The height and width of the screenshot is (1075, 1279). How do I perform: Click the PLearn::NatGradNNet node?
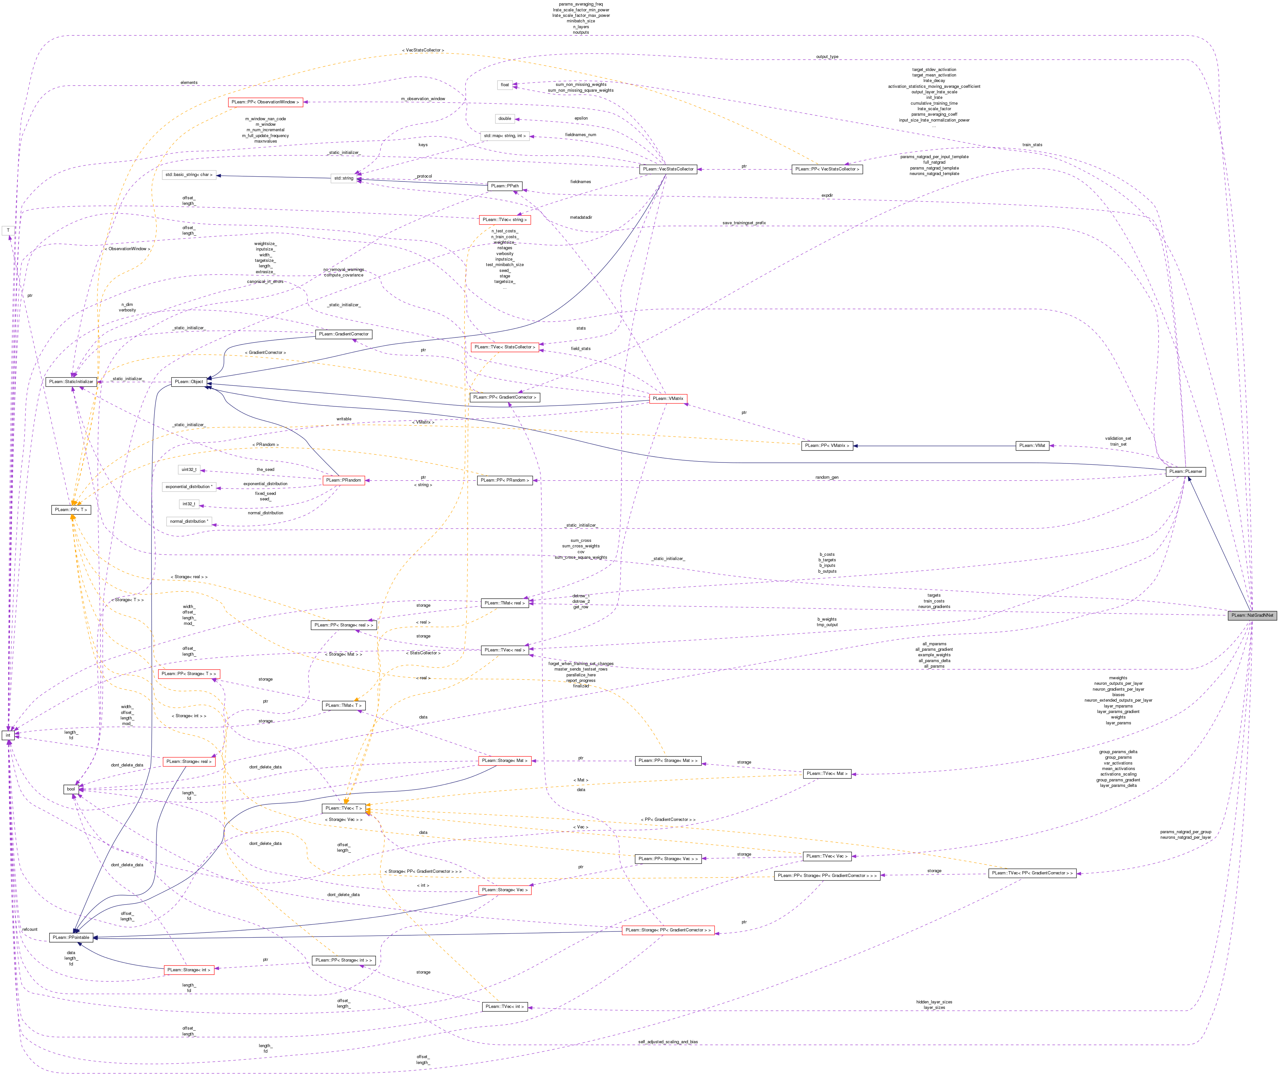point(1251,615)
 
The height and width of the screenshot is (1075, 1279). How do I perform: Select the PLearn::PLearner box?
point(1185,471)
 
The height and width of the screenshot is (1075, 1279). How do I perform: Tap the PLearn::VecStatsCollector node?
point(668,169)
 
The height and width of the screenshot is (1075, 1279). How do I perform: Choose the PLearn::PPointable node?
point(71,937)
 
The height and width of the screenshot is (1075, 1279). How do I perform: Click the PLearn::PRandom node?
point(343,480)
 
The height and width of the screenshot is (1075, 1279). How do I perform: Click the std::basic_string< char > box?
point(189,175)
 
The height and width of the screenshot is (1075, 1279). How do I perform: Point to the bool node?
point(71,789)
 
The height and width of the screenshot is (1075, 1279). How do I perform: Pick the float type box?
point(505,85)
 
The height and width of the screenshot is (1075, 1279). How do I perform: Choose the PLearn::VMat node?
point(1032,446)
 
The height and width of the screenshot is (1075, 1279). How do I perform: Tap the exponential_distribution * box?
point(189,486)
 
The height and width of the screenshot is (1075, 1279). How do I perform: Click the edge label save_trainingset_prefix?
point(744,223)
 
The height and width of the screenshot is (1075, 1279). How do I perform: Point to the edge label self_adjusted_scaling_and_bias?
point(668,1042)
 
